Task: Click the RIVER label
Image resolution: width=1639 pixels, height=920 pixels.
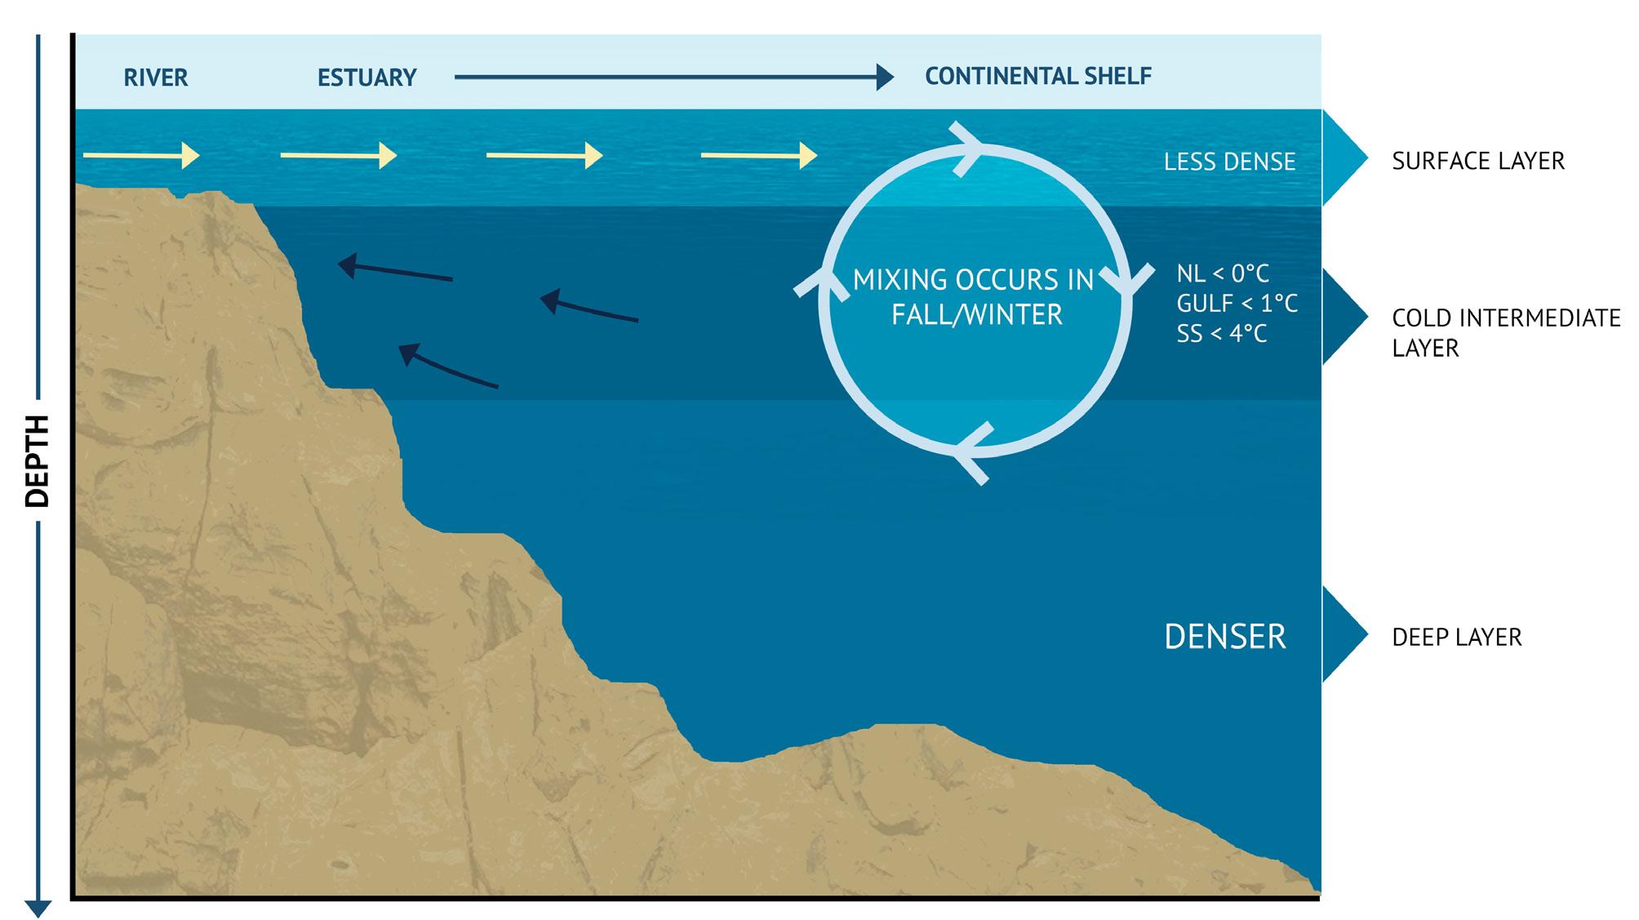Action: (x=155, y=78)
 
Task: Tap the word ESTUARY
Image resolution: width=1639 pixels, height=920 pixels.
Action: (x=366, y=78)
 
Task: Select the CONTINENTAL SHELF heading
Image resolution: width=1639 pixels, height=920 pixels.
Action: (x=1037, y=76)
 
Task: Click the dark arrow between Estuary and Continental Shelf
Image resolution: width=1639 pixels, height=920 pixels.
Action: (x=673, y=78)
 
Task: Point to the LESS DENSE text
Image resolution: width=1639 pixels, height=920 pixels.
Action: (x=1229, y=162)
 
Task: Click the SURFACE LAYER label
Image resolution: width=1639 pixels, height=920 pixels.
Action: (x=1478, y=161)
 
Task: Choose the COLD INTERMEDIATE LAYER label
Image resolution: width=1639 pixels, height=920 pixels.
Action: (x=1506, y=332)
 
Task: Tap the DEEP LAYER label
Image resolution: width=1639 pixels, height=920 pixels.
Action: (x=1456, y=637)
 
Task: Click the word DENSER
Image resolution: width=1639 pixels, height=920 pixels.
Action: (x=1224, y=637)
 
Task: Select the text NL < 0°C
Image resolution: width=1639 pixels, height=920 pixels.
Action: (x=1223, y=273)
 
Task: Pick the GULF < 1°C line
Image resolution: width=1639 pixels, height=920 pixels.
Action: (x=1237, y=304)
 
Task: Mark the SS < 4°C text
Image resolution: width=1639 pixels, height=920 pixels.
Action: (x=1222, y=334)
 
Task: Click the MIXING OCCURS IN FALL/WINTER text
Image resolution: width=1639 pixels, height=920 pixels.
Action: (x=975, y=297)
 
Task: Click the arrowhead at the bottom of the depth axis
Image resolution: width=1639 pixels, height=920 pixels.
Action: (x=38, y=908)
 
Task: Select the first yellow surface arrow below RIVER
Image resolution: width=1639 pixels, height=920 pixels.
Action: (x=141, y=155)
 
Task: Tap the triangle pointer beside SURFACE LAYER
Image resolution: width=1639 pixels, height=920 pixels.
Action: (x=1344, y=158)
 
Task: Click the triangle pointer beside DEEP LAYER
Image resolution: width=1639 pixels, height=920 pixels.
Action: (x=1344, y=634)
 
